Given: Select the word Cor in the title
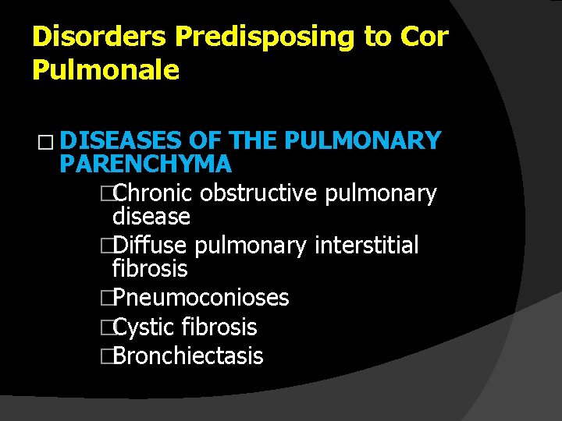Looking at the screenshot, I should pyautogui.click(x=425, y=37).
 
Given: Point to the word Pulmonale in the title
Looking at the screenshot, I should pyautogui.click(x=106, y=71).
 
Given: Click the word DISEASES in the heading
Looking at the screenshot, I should pyautogui.click(x=121, y=140).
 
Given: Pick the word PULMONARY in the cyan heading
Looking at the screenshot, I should pyautogui.click(x=364, y=140).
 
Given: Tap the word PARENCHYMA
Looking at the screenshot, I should pyautogui.click(x=145, y=165).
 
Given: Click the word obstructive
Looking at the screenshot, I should pyautogui.click(x=258, y=193).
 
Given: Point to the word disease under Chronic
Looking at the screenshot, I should pyautogui.click(x=151, y=216).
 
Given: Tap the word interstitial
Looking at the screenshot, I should pyautogui.click(x=366, y=246).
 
